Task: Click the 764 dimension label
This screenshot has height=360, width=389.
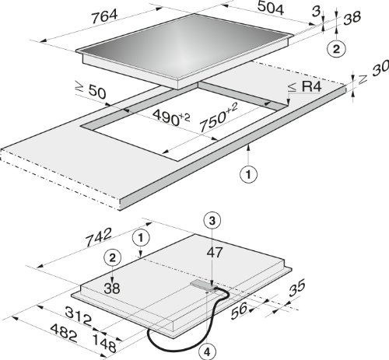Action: [x=105, y=17]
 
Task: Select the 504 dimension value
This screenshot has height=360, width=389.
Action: [x=271, y=8]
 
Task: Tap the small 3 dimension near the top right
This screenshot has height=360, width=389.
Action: [x=316, y=12]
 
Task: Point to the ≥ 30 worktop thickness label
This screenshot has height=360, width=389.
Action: [x=373, y=72]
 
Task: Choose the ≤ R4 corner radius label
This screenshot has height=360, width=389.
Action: [x=305, y=87]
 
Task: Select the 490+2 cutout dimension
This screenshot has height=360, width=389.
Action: [x=171, y=117]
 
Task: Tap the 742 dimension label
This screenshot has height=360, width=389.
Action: [x=99, y=237]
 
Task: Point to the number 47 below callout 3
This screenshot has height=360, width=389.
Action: [x=215, y=252]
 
